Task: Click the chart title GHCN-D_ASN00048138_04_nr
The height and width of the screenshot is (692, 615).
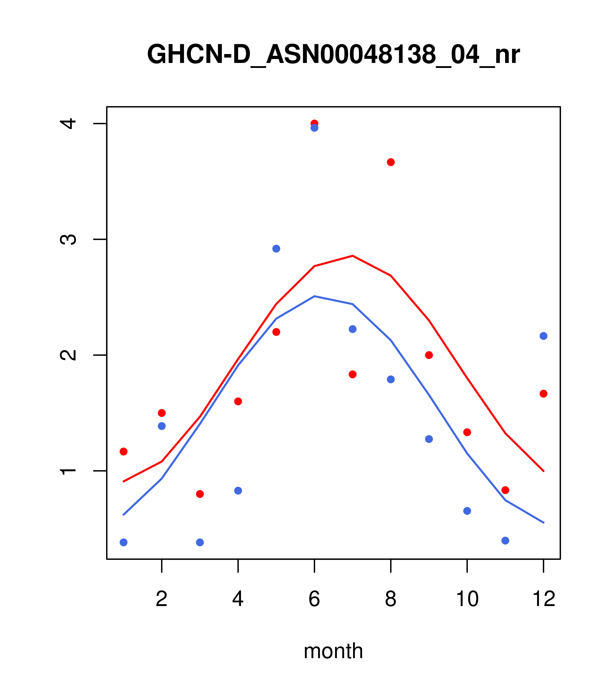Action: (333, 54)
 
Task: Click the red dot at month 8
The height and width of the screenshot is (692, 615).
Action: (391, 162)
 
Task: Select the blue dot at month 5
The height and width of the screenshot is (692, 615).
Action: (276, 249)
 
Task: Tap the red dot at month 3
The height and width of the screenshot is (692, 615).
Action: (200, 494)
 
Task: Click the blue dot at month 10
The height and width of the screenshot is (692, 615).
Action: (467, 511)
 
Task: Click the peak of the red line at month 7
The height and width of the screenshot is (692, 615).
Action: (353, 256)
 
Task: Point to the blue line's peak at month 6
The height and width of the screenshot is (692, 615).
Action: (314, 296)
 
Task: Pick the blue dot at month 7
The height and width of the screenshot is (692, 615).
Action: (353, 329)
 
